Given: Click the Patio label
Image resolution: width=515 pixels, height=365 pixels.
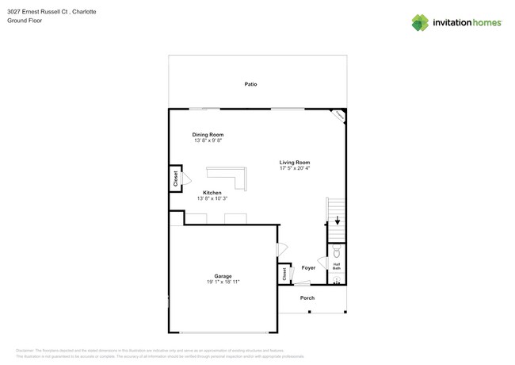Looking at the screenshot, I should [250, 84].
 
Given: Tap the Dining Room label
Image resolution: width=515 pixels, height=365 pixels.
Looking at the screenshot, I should [208, 135].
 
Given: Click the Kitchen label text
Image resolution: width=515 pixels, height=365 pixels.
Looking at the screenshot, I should [212, 193].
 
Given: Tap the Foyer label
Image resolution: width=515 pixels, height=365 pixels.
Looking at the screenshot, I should [308, 268].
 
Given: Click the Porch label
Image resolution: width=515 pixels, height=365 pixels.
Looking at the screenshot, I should [307, 298].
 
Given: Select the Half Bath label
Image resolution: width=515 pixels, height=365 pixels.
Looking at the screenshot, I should [337, 267].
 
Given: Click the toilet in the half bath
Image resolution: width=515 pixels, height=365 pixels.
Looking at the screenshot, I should [337, 252].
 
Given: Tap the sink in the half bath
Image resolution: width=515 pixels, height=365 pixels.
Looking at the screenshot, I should [337, 280].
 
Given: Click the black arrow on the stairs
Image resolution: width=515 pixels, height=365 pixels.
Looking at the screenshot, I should [337, 221].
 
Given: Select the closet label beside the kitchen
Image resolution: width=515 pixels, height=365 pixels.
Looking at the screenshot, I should [175, 179].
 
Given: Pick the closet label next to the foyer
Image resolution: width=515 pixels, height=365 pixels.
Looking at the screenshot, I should [284, 275].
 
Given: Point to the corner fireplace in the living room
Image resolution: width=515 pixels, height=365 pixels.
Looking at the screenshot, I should [338, 116].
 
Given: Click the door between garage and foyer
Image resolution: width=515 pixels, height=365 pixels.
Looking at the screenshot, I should [280, 250].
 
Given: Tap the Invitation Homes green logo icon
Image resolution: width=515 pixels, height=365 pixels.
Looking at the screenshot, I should [420, 22].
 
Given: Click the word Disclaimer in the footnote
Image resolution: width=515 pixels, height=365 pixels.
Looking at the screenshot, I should [26, 350].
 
